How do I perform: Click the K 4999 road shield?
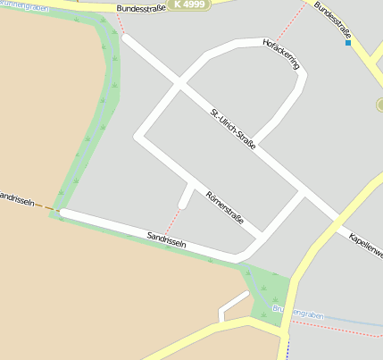coord(189,5)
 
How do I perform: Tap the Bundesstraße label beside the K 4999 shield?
coord(141,9)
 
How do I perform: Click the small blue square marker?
coord(348,42)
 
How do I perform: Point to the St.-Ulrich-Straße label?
coord(233,129)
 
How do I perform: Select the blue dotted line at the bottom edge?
coord(287,350)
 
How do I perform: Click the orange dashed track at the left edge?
coord(45,207)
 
